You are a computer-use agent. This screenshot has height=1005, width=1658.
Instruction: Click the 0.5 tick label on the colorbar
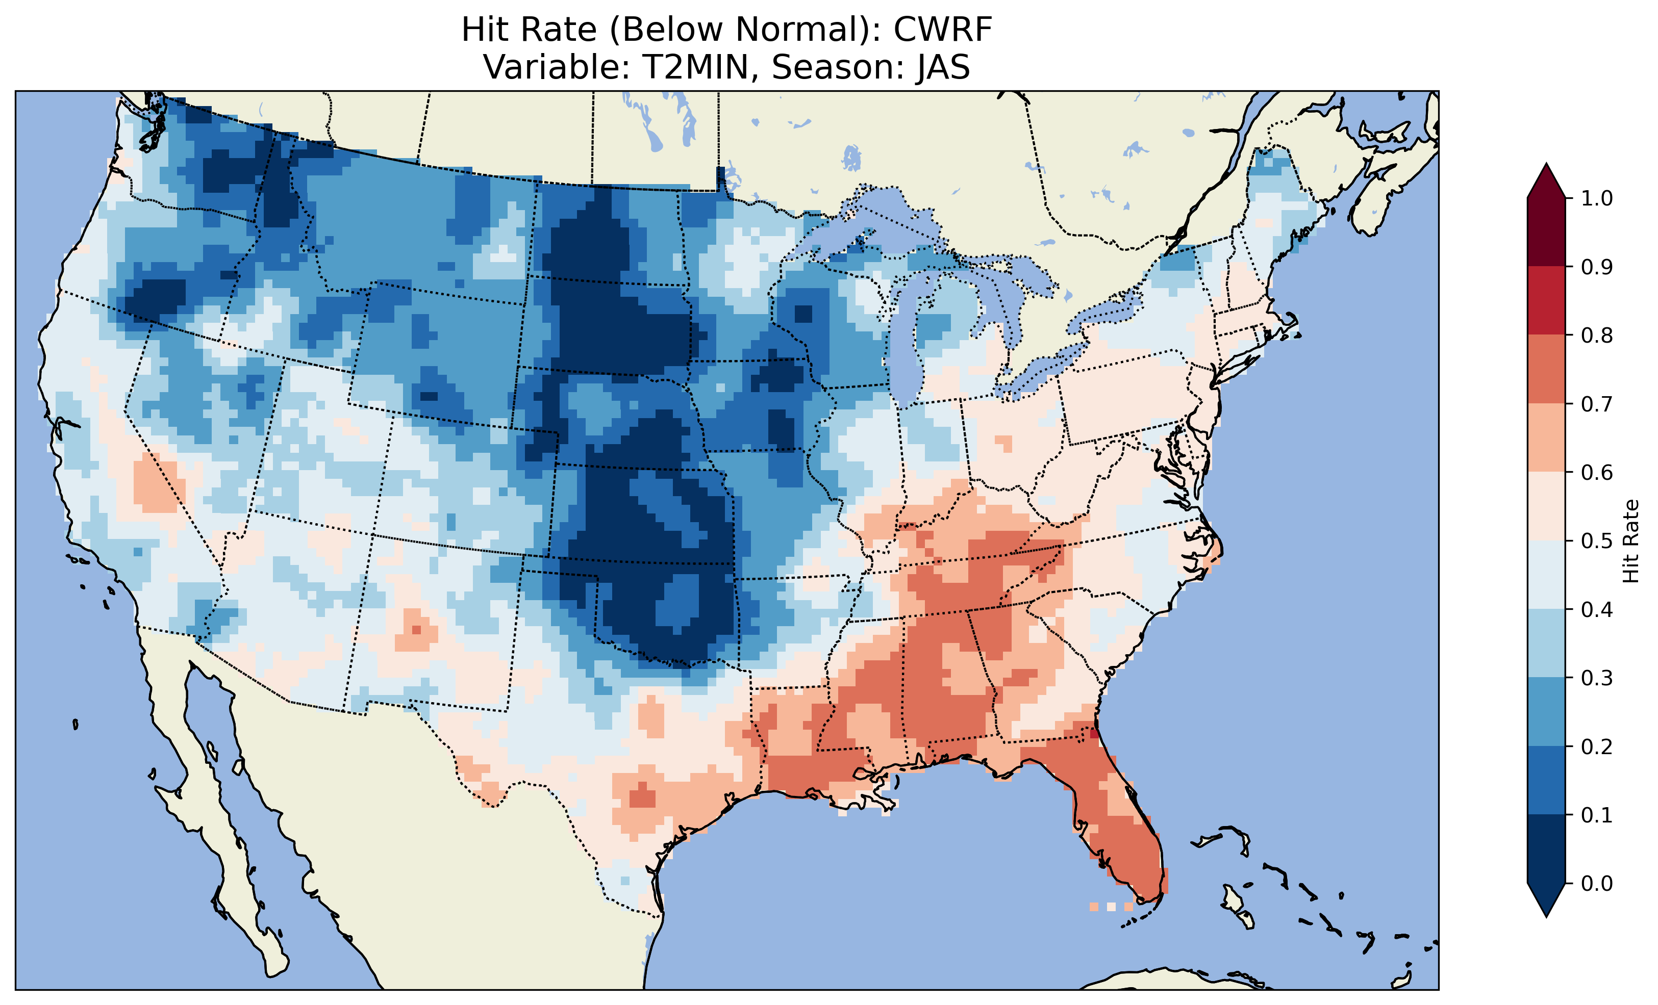[1597, 541]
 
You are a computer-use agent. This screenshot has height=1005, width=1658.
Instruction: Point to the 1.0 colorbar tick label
[1597, 198]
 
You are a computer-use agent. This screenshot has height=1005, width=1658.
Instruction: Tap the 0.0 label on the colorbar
[1597, 883]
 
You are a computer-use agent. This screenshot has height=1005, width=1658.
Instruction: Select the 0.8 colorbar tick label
[1597, 335]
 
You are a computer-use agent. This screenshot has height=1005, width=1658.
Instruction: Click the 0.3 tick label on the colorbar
[1597, 678]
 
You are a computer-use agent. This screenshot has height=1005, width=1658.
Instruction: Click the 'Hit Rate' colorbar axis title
[1631, 541]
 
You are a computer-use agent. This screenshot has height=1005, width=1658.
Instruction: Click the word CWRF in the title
[942, 30]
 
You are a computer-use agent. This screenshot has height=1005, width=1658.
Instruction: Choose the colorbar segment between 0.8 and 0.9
[1546, 300]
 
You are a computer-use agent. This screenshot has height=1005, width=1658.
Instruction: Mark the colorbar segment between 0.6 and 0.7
[1546, 437]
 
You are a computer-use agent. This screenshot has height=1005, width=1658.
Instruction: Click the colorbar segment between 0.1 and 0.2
[1546, 780]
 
